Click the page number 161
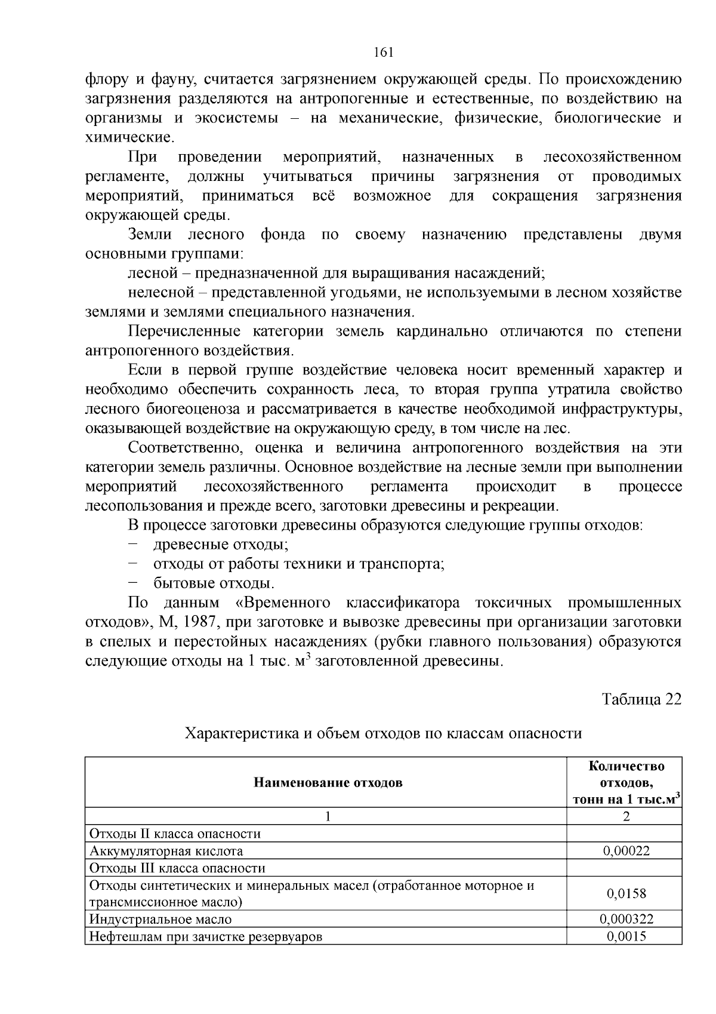pos(383,53)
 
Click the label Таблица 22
pos(641,699)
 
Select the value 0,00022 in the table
pos(626,850)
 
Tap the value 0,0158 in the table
pos(626,893)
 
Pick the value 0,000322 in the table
pos(626,919)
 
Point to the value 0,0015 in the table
pos(626,936)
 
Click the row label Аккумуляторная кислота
pos(166,851)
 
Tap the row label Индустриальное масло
pos(160,919)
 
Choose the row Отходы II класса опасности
pos(175,834)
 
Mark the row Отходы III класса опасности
pos(177,868)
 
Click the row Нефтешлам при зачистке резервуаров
pos(205,936)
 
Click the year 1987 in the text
pos(199,622)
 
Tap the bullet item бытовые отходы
pos(214,583)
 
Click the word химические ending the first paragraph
pos(129,137)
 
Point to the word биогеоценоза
pos(189,409)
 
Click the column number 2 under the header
pos(626,816)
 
